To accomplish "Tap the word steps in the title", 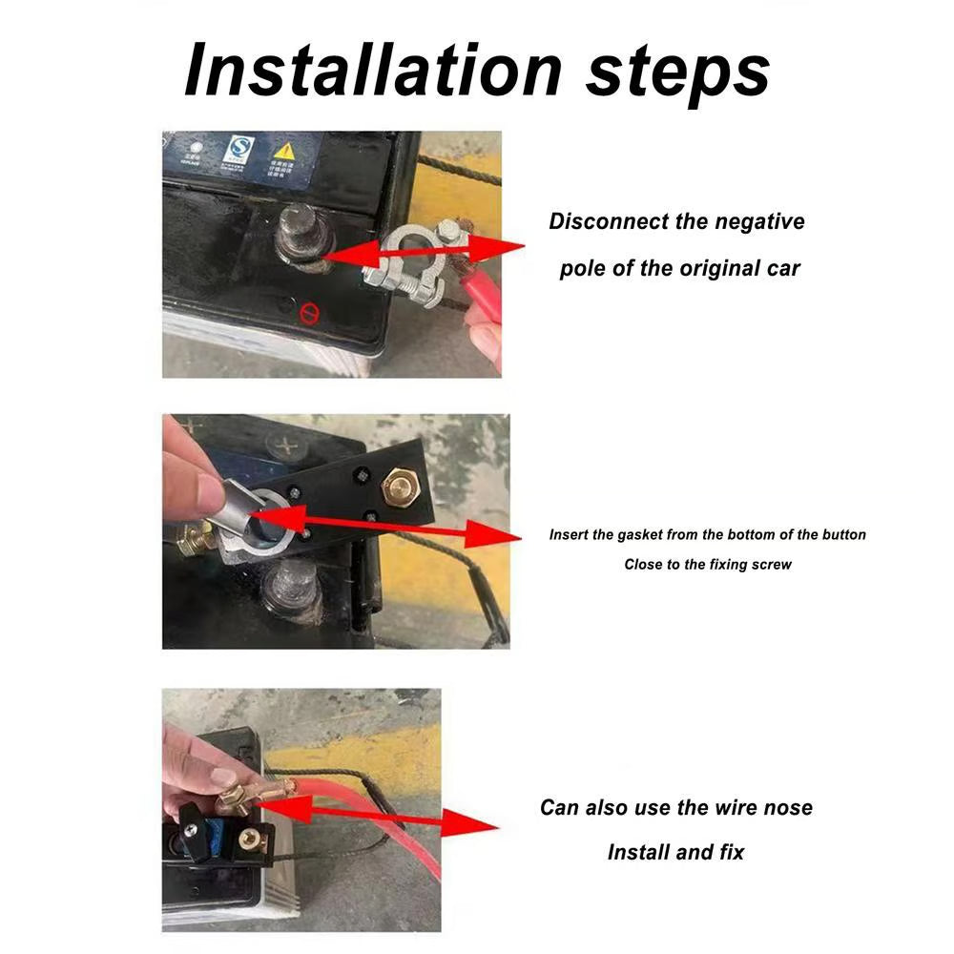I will [x=677, y=72].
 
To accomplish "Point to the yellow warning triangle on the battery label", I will [x=284, y=151].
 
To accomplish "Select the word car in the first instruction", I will [x=781, y=268].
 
